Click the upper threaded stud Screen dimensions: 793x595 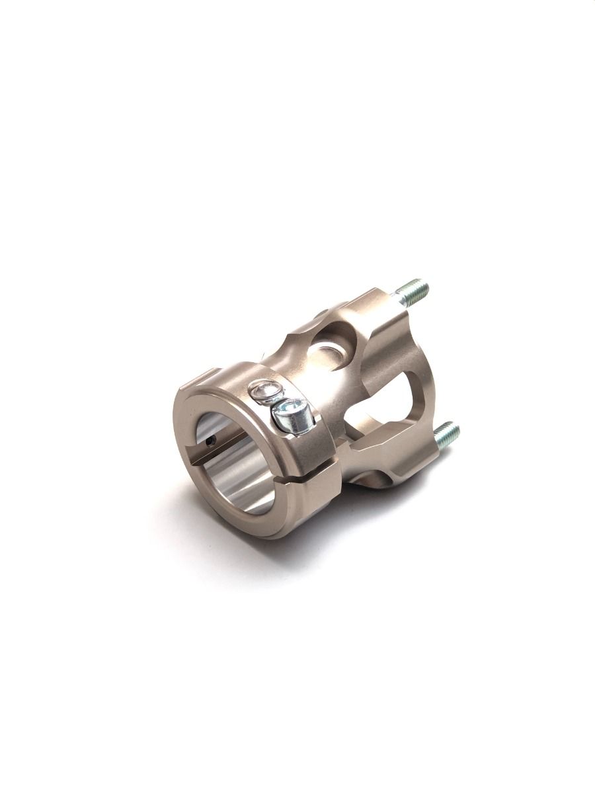(x=414, y=291)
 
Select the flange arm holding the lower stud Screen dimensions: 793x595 (x=403, y=456)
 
